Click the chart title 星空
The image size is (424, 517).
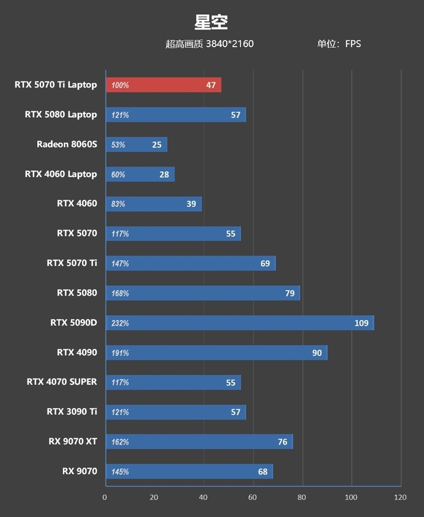(x=211, y=22)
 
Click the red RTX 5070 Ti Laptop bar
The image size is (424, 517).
(x=163, y=85)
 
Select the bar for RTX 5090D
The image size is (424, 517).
(x=240, y=323)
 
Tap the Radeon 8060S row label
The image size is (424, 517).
(x=67, y=144)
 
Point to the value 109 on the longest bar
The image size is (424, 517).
(x=361, y=323)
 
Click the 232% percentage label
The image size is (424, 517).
(x=120, y=323)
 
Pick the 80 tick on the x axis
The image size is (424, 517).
(x=302, y=497)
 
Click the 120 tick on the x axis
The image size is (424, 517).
(x=400, y=497)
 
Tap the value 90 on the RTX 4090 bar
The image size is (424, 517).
(x=316, y=353)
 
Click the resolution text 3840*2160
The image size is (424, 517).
(x=229, y=44)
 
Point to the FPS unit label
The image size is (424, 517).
(x=353, y=44)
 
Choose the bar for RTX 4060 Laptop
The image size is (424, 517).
(x=140, y=174)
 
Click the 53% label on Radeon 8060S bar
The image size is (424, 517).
(x=118, y=145)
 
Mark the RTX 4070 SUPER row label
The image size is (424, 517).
(x=61, y=382)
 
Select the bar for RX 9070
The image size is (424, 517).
(x=189, y=471)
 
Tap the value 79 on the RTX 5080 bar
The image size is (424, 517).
(x=290, y=293)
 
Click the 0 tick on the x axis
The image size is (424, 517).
(x=105, y=497)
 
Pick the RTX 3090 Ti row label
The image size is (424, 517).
(x=72, y=411)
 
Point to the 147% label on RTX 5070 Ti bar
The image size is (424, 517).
(x=120, y=264)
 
